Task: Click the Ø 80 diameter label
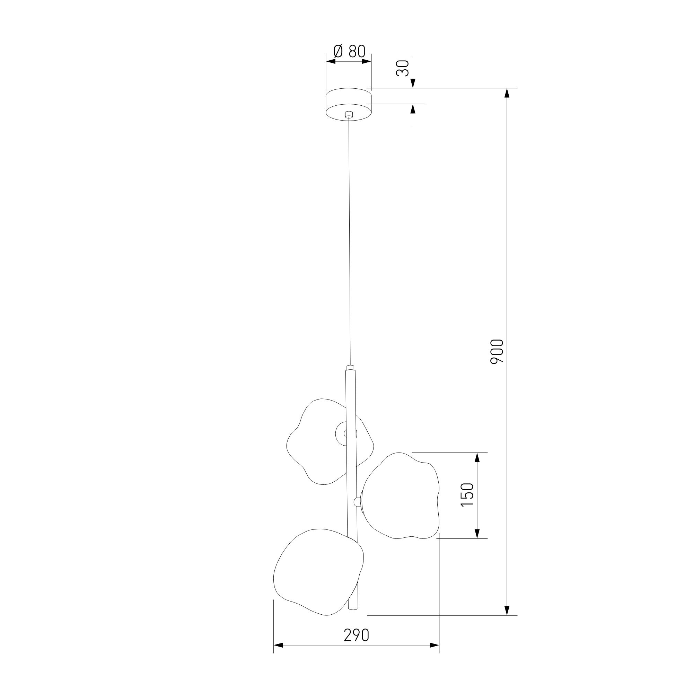click(349, 52)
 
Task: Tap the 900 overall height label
click(497, 351)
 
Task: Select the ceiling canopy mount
click(348, 104)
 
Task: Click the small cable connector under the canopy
click(348, 115)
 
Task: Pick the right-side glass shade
click(401, 501)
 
